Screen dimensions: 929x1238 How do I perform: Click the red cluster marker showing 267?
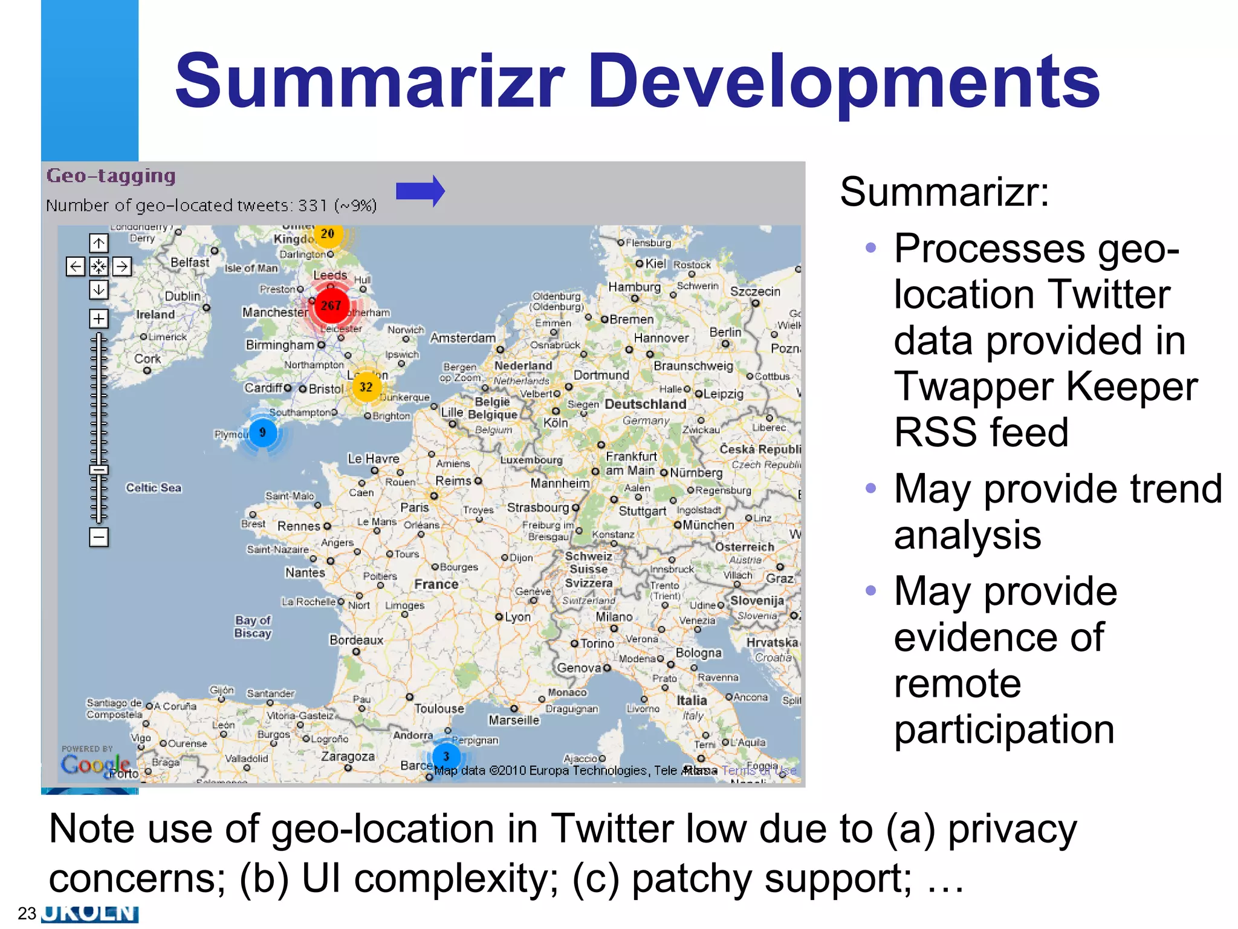tap(331, 305)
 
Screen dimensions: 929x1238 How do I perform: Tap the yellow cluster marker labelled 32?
tap(366, 387)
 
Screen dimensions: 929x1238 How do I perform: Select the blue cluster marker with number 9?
tap(262, 432)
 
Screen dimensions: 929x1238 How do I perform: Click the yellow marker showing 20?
tap(328, 234)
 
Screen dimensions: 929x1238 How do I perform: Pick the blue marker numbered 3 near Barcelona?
tap(446, 756)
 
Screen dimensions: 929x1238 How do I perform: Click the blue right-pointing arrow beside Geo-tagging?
tap(420, 191)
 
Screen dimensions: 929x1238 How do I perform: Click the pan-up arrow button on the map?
tap(99, 243)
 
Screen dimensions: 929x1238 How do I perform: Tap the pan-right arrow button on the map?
tap(122, 266)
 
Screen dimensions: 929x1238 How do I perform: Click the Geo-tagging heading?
tap(111, 176)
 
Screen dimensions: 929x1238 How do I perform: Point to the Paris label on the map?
tap(415, 507)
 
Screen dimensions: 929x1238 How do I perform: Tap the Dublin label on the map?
tap(183, 296)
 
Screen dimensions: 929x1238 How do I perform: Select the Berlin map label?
tap(725, 332)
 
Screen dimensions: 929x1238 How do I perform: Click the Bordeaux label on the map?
tap(356, 640)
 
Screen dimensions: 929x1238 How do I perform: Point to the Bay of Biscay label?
tap(253, 627)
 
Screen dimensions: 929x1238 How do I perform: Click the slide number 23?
tap(27, 913)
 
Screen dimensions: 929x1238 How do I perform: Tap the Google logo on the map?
tap(95, 765)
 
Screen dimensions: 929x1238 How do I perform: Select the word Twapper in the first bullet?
tap(973, 386)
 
